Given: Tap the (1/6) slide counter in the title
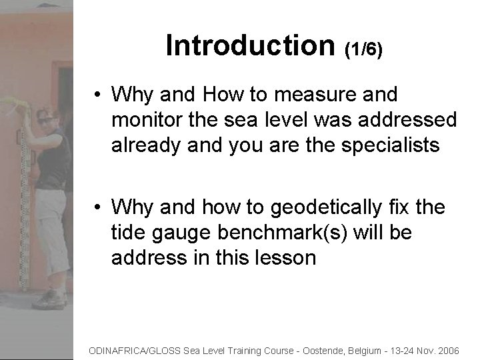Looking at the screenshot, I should tap(363, 49).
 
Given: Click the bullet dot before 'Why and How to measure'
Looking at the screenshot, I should tap(97, 95).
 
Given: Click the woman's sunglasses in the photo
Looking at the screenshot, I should tap(47, 121).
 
